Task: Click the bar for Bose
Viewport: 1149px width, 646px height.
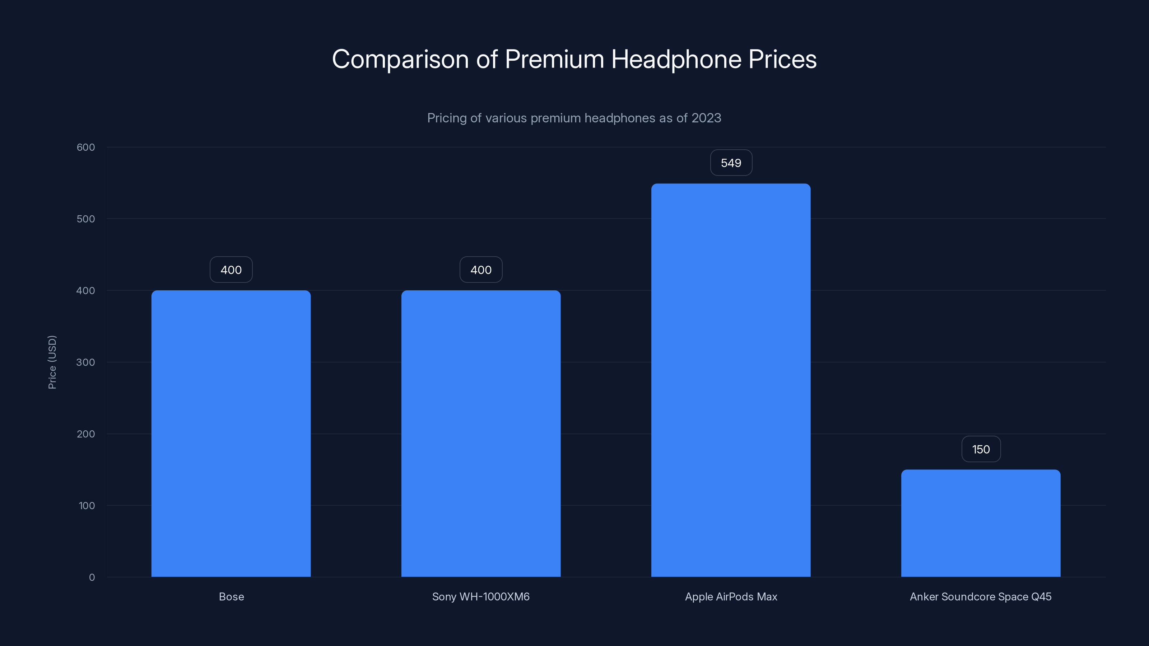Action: tap(231, 433)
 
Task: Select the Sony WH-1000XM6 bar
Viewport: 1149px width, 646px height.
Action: tap(481, 433)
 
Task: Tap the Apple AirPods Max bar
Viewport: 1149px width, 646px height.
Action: tap(731, 380)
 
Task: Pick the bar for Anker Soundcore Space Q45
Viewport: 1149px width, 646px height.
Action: tap(980, 523)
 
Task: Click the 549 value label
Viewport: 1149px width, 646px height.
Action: tap(731, 163)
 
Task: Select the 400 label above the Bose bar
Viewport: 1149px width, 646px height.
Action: tap(231, 270)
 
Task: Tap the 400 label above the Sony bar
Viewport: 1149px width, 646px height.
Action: tap(481, 270)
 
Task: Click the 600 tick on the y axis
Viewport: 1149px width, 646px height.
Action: tap(86, 147)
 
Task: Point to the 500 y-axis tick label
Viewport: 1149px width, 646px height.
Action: tap(86, 219)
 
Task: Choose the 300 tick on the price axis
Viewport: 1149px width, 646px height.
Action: tap(86, 362)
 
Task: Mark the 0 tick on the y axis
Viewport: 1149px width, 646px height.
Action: tap(92, 577)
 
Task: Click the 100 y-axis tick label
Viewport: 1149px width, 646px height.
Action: tap(87, 506)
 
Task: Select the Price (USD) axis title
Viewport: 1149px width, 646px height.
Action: tap(52, 362)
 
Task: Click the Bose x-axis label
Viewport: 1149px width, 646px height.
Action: tap(231, 596)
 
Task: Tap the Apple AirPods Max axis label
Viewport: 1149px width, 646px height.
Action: tap(731, 596)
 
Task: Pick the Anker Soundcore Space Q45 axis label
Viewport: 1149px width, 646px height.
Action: tap(980, 596)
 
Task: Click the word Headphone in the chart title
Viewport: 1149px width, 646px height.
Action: tap(676, 59)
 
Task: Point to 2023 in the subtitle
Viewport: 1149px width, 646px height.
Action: tap(706, 118)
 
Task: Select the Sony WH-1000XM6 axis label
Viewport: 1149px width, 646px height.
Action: tap(481, 596)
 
